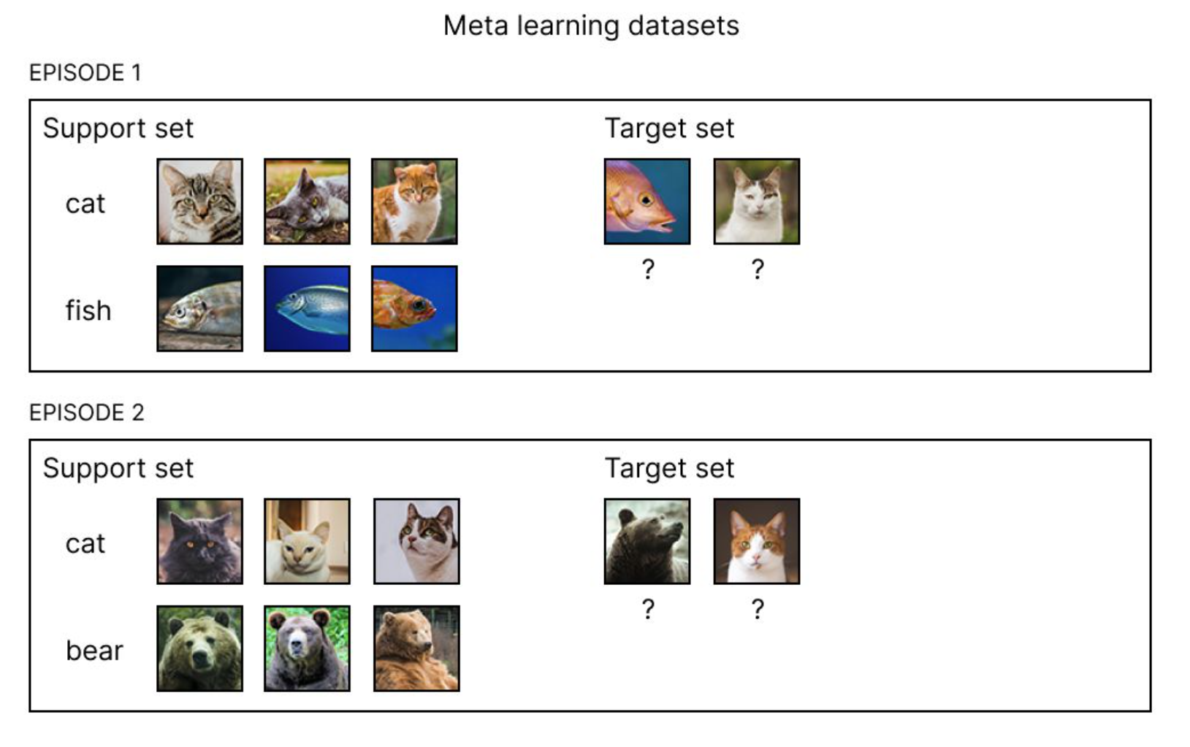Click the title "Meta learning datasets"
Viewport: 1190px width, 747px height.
click(x=591, y=26)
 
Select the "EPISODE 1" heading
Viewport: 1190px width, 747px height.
click(x=85, y=73)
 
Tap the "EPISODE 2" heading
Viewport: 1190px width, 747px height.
click(x=86, y=413)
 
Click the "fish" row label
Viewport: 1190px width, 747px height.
click(x=88, y=310)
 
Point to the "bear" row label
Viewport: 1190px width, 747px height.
click(x=94, y=650)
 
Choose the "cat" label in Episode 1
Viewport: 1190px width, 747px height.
click(x=85, y=203)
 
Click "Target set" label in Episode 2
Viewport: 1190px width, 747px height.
click(x=669, y=468)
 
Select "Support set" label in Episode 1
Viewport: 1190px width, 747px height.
click(x=118, y=129)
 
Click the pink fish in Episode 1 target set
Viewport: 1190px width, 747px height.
click(x=647, y=201)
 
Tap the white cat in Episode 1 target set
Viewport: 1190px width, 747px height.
click(x=757, y=201)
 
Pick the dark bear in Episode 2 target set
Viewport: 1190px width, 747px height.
click(x=647, y=541)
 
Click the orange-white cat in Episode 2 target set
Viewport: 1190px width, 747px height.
click(x=757, y=541)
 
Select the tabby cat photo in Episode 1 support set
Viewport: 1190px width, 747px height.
click(x=199, y=201)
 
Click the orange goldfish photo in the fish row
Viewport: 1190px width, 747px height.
click(x=414, y=308)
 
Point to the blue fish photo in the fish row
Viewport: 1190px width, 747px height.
click(x=307, y=308)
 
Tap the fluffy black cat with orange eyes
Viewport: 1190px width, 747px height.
click(x=199, y=541)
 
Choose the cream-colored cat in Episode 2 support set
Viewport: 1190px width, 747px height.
click(x=307, y=541)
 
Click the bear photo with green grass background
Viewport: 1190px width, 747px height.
click(x=307, y=648)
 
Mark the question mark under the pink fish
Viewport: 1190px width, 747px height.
click(x=648, y=269)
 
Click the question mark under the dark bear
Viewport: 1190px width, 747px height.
click(x=648, y=609)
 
